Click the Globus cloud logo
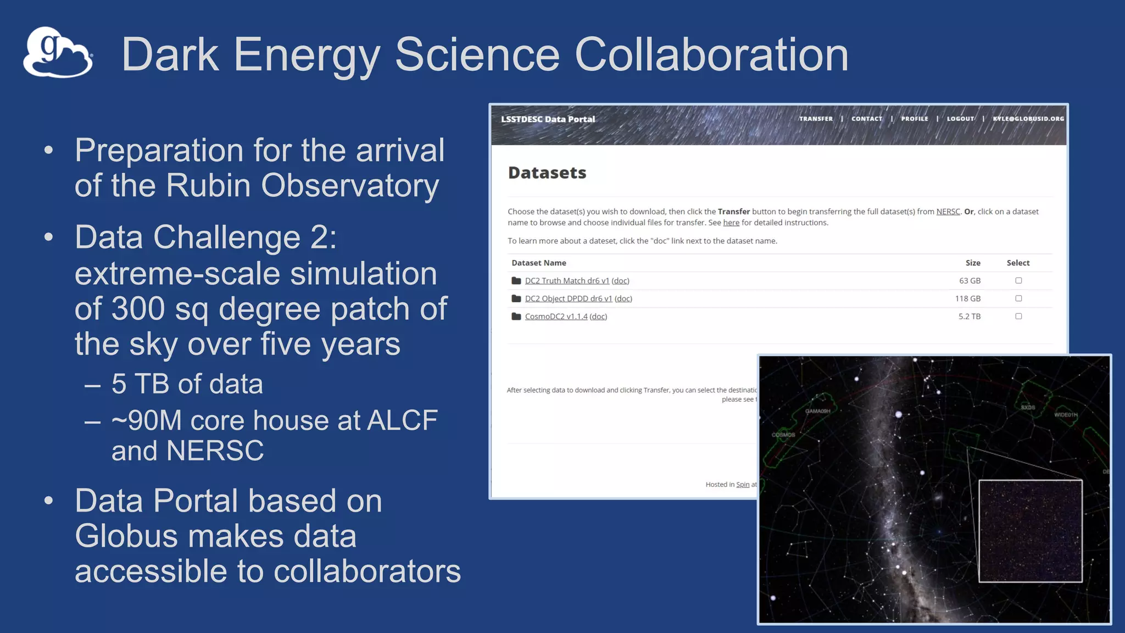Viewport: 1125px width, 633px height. click(58, 53)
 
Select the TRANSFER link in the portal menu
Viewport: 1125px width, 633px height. click(816, 119)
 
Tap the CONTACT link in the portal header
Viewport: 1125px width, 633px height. click(867, 119)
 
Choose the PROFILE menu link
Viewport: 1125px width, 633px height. click(915, 119)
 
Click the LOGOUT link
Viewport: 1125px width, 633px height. click(960, 119)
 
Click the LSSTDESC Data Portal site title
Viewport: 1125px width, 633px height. click(548, 119)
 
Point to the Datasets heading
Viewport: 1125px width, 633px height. click(547, 173)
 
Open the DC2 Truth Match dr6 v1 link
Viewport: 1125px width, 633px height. click(567, 281)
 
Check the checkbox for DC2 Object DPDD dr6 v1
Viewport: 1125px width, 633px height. click(1018, 298)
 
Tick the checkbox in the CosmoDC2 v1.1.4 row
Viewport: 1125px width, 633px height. click(1018, 316)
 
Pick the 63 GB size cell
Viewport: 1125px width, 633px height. click(970, 281)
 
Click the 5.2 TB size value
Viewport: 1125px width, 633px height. click(969, 316)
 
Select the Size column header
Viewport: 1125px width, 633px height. click(973, 263)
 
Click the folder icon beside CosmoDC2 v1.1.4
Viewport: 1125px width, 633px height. click(516, 316)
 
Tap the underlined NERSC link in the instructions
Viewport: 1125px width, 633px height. click(948, 212)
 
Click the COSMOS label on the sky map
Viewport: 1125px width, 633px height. click(783, 435)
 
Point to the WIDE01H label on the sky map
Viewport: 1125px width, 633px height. click(1066, 415)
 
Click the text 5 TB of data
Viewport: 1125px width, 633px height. click(187, 384)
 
